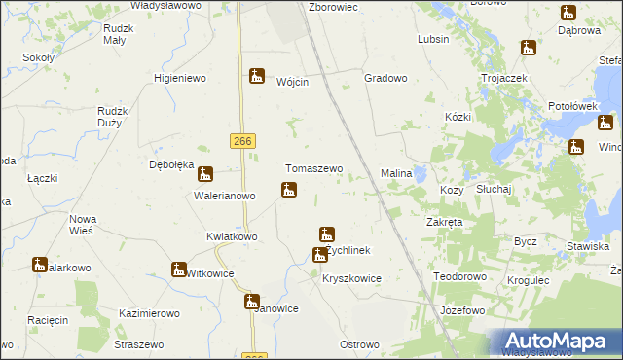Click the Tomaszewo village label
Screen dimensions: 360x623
313,168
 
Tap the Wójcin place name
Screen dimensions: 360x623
293,83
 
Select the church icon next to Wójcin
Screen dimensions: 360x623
257,75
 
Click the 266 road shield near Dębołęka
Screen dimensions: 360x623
243,142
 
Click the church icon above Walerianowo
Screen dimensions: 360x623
205,175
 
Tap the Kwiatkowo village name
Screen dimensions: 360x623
232,236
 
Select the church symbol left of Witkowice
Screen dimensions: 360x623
179,269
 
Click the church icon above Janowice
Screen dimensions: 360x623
252,301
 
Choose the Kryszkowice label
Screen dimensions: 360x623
351,278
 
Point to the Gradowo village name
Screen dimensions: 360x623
385,77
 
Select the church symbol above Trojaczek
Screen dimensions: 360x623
528,48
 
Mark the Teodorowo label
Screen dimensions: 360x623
459,276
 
